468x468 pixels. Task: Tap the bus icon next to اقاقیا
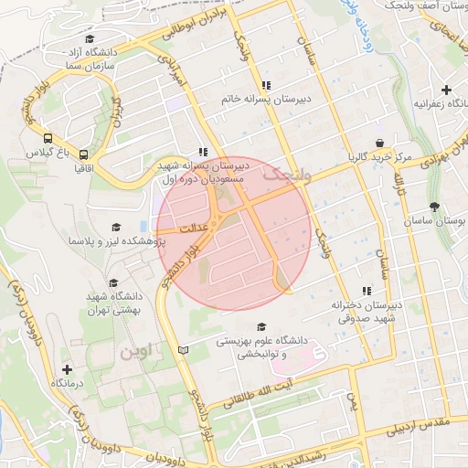pos(83,155)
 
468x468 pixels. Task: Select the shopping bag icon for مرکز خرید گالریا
pos(379,143)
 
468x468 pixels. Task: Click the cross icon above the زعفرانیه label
pos(446,90)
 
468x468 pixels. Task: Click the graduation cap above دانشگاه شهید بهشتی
pos(113,283)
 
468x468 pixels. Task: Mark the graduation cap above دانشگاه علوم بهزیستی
pos(261,326)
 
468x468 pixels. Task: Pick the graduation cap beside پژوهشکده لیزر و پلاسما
pos(116,227)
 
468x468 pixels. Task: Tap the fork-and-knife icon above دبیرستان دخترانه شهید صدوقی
pos(366,291)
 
